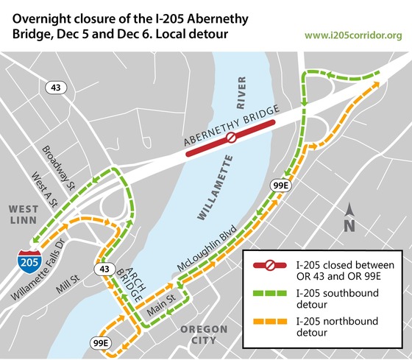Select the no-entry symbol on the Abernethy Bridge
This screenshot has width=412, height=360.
click(230, 137)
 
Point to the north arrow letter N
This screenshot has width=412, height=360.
click(350, 225)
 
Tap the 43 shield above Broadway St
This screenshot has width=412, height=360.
click(55, 88)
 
